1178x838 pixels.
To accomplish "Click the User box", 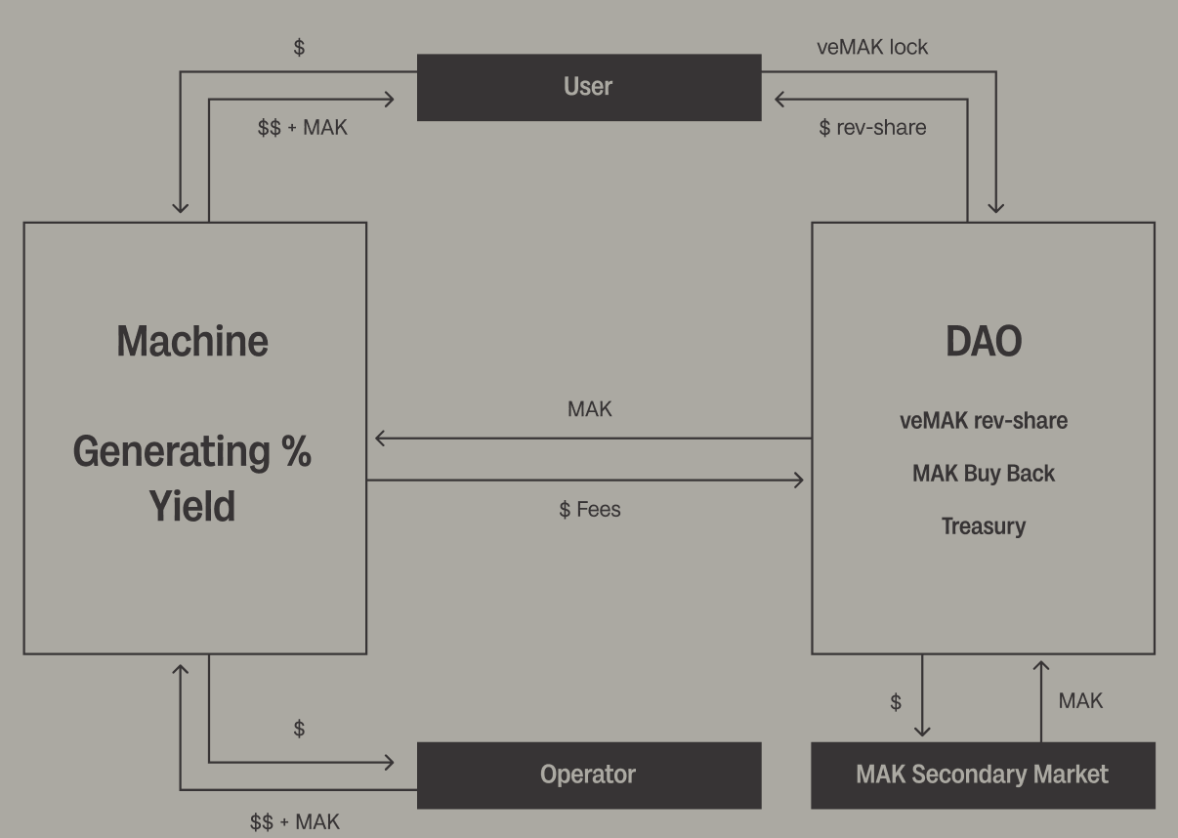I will (x=588, y=87).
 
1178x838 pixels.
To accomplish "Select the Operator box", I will (x=588, y=775).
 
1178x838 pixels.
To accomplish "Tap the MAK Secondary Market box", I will (x=982, y=775).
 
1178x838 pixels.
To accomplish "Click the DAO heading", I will (x=984, y=341).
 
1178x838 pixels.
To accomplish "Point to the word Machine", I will (x=192, y=341).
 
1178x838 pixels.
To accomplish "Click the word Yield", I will (x=192, y=506).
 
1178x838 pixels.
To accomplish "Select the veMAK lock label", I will (x=872, y=47).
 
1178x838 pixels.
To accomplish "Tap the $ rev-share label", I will (x=872, y=127).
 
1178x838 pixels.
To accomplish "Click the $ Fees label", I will (x=589, y=509).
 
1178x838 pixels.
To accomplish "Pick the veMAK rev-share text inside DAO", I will (x=984, y=420).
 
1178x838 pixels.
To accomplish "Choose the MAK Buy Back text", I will (x=984, y=473).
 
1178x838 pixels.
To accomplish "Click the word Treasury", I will (x=984, y=525).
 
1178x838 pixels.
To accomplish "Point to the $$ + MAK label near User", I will (x=302, y=127).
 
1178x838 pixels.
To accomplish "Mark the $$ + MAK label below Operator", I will (x=295, y=822).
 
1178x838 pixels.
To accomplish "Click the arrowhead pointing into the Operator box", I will (x=390, y=762).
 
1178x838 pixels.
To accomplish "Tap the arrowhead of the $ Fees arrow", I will (x=799, y=480).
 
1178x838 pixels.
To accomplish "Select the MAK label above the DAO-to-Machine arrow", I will (x=590, y=409).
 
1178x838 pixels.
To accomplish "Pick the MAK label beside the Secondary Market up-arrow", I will (x=1080, y=700).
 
